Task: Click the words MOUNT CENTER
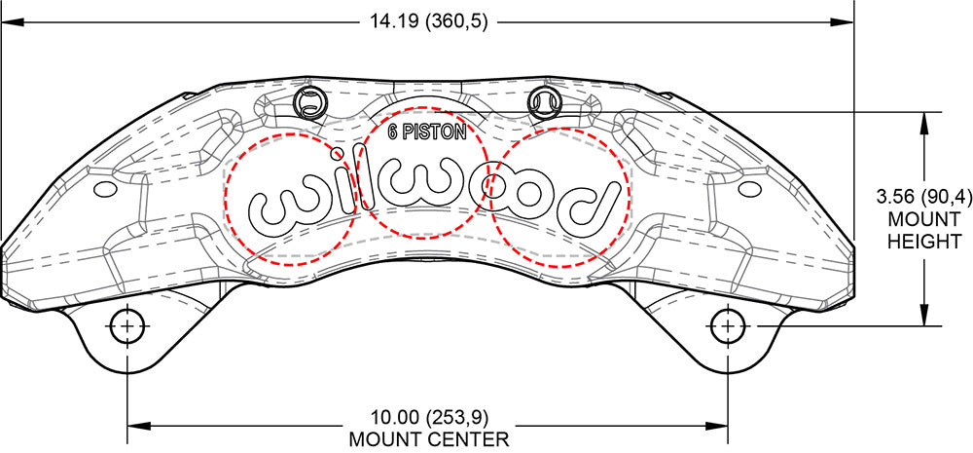429,440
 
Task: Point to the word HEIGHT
924,241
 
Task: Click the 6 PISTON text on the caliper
427,132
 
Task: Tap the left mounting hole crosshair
127,325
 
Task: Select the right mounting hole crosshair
727,325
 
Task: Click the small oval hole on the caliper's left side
104,188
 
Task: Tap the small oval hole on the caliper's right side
749,188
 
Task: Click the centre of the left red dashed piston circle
291,199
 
